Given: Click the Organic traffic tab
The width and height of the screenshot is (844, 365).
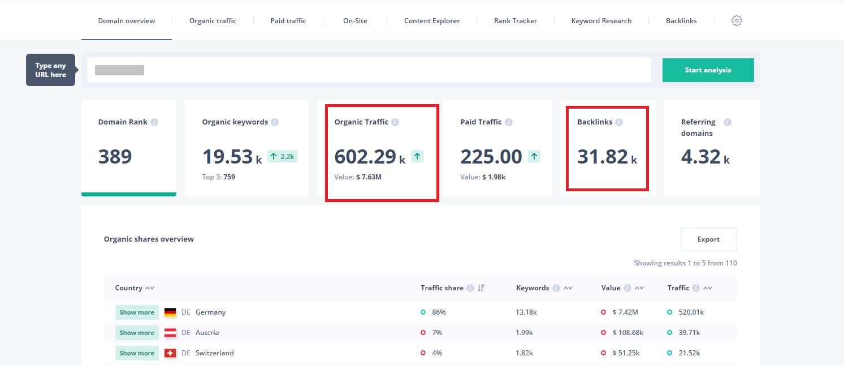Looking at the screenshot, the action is click(213, 21).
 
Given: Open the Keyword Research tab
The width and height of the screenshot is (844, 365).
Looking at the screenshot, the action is click(601, 21).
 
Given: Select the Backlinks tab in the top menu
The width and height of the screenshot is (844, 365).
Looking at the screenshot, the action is click(681, 21).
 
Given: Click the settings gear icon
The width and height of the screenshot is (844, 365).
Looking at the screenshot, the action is click(737, 21).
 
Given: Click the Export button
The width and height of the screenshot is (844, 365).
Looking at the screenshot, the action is click(708, 239).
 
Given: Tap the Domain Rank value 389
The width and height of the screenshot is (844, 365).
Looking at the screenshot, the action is click(115, 157).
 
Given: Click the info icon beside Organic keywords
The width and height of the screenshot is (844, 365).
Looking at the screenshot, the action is click(275, 122).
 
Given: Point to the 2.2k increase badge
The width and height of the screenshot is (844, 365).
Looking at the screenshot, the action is click(282, 156).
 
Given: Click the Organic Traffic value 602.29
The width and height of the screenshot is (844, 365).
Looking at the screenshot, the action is click(365, 157).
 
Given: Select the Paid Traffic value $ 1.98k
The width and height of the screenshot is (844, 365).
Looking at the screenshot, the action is click(494, 177).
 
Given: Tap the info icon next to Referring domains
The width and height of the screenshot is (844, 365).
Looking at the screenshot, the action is click(727, 122).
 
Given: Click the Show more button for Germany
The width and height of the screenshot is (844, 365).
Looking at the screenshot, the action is click(137, 312).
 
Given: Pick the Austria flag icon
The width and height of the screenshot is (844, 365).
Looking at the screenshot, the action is click(170, 333).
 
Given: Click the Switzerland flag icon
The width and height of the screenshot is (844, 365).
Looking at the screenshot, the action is click(170, 353).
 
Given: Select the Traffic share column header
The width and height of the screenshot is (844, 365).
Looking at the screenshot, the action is click(442, 288).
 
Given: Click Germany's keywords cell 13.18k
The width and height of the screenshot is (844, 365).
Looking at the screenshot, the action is click(526, 312).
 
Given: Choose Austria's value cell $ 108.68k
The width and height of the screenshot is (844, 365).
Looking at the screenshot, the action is click(627, 333).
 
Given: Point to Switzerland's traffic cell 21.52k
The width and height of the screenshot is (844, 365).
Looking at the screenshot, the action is click(689, 353).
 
